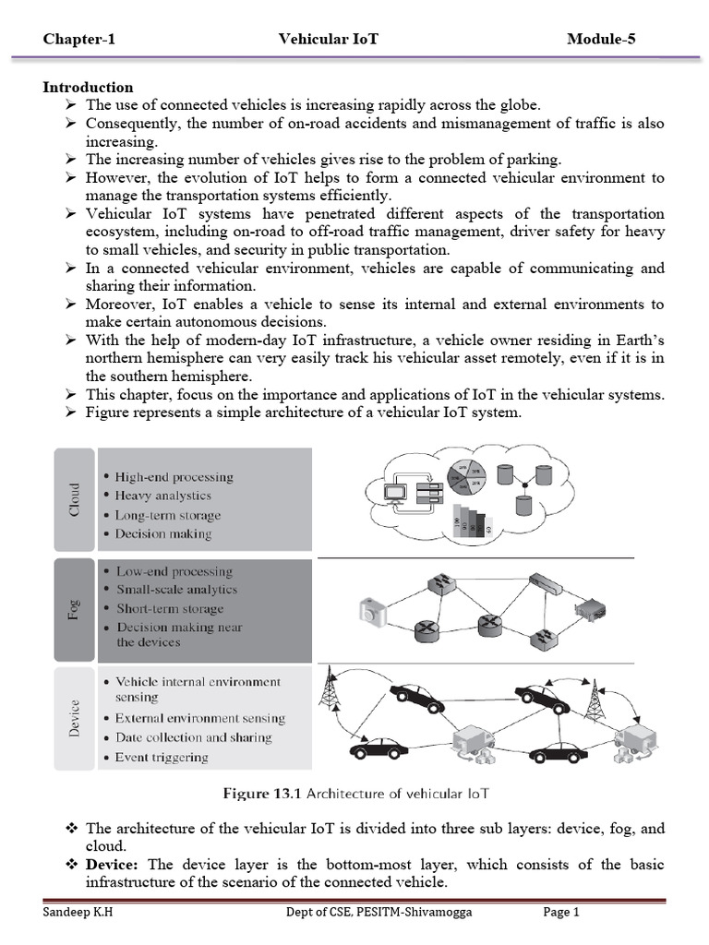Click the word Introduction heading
[x=88, y=88]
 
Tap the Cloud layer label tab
[x=75, y=499]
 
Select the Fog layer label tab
[x=75, y=609]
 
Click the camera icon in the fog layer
[x=372, y=611]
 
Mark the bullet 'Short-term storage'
[x=169, y=609]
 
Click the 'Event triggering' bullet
[x=162, y=758]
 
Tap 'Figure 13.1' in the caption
[x=263, y=794]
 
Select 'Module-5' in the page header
[x=601, y=39]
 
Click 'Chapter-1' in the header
[x=79, y=39]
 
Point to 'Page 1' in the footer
[x=560, y=914]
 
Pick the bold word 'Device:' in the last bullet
[x=113, y=866]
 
